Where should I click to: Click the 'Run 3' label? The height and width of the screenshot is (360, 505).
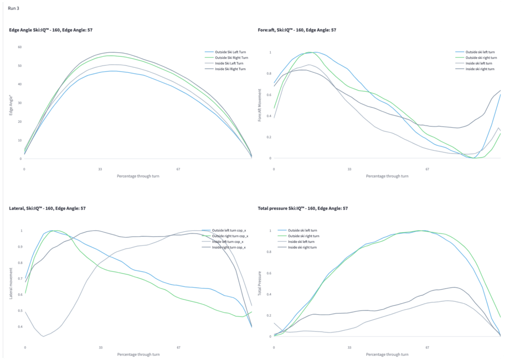(13, 8)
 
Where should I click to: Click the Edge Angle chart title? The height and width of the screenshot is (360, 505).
(51, 30)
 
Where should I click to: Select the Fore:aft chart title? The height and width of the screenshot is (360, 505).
(297, 30)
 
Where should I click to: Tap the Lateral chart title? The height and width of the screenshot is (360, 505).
(48, 208)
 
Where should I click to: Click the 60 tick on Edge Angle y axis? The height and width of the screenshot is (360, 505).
(19, 47)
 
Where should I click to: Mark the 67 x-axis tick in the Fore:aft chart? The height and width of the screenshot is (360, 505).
(427, 169)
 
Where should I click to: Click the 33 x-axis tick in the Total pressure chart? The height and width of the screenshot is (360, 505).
(349, 348)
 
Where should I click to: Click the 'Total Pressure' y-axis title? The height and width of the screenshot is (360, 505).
(260, 283)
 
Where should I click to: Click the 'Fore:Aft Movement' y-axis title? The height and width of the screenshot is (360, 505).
(260, 105)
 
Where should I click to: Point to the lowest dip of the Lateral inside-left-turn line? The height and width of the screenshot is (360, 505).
(43, 336)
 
